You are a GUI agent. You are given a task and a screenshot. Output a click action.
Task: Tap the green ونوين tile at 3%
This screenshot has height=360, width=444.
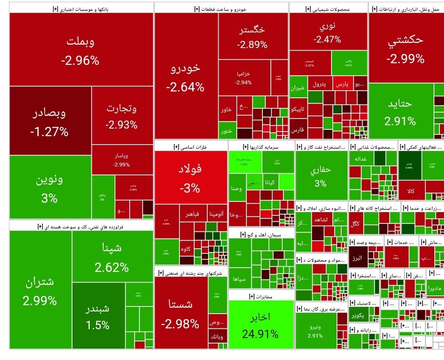pos(50,188)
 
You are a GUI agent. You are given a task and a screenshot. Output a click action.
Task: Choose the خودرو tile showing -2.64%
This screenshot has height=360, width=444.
pos(185,78)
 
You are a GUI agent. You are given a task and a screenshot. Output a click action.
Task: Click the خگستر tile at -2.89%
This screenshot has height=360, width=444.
pos(252,37)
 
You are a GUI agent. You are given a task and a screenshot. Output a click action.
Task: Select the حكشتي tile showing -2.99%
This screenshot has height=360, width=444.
pos(405,48)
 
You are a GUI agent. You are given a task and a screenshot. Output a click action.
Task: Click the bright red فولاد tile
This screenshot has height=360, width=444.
pos(190,178)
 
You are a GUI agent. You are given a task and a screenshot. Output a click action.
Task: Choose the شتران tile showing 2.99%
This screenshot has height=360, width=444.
pos(40,291)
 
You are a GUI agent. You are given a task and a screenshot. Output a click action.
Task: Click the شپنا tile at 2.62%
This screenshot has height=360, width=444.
pos(112,257)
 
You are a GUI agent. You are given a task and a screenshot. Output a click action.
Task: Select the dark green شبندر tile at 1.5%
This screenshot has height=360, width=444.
pos(98,316)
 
